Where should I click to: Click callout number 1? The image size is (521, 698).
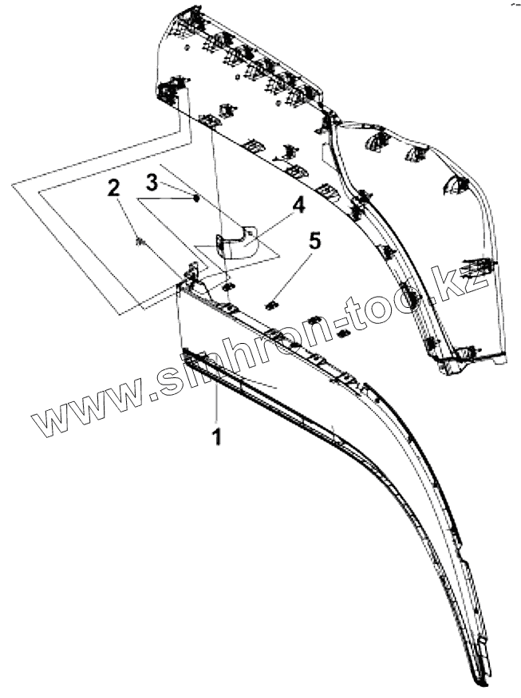pos(216,436)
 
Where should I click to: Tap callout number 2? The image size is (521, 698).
pos(114,188)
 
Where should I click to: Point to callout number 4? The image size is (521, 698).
pos(298,206)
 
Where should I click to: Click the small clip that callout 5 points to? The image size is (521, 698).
pos(270,302)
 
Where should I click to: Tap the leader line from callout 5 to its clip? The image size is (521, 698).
pos(295,272)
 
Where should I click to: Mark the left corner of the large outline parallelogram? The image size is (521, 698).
pos(13,185)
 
